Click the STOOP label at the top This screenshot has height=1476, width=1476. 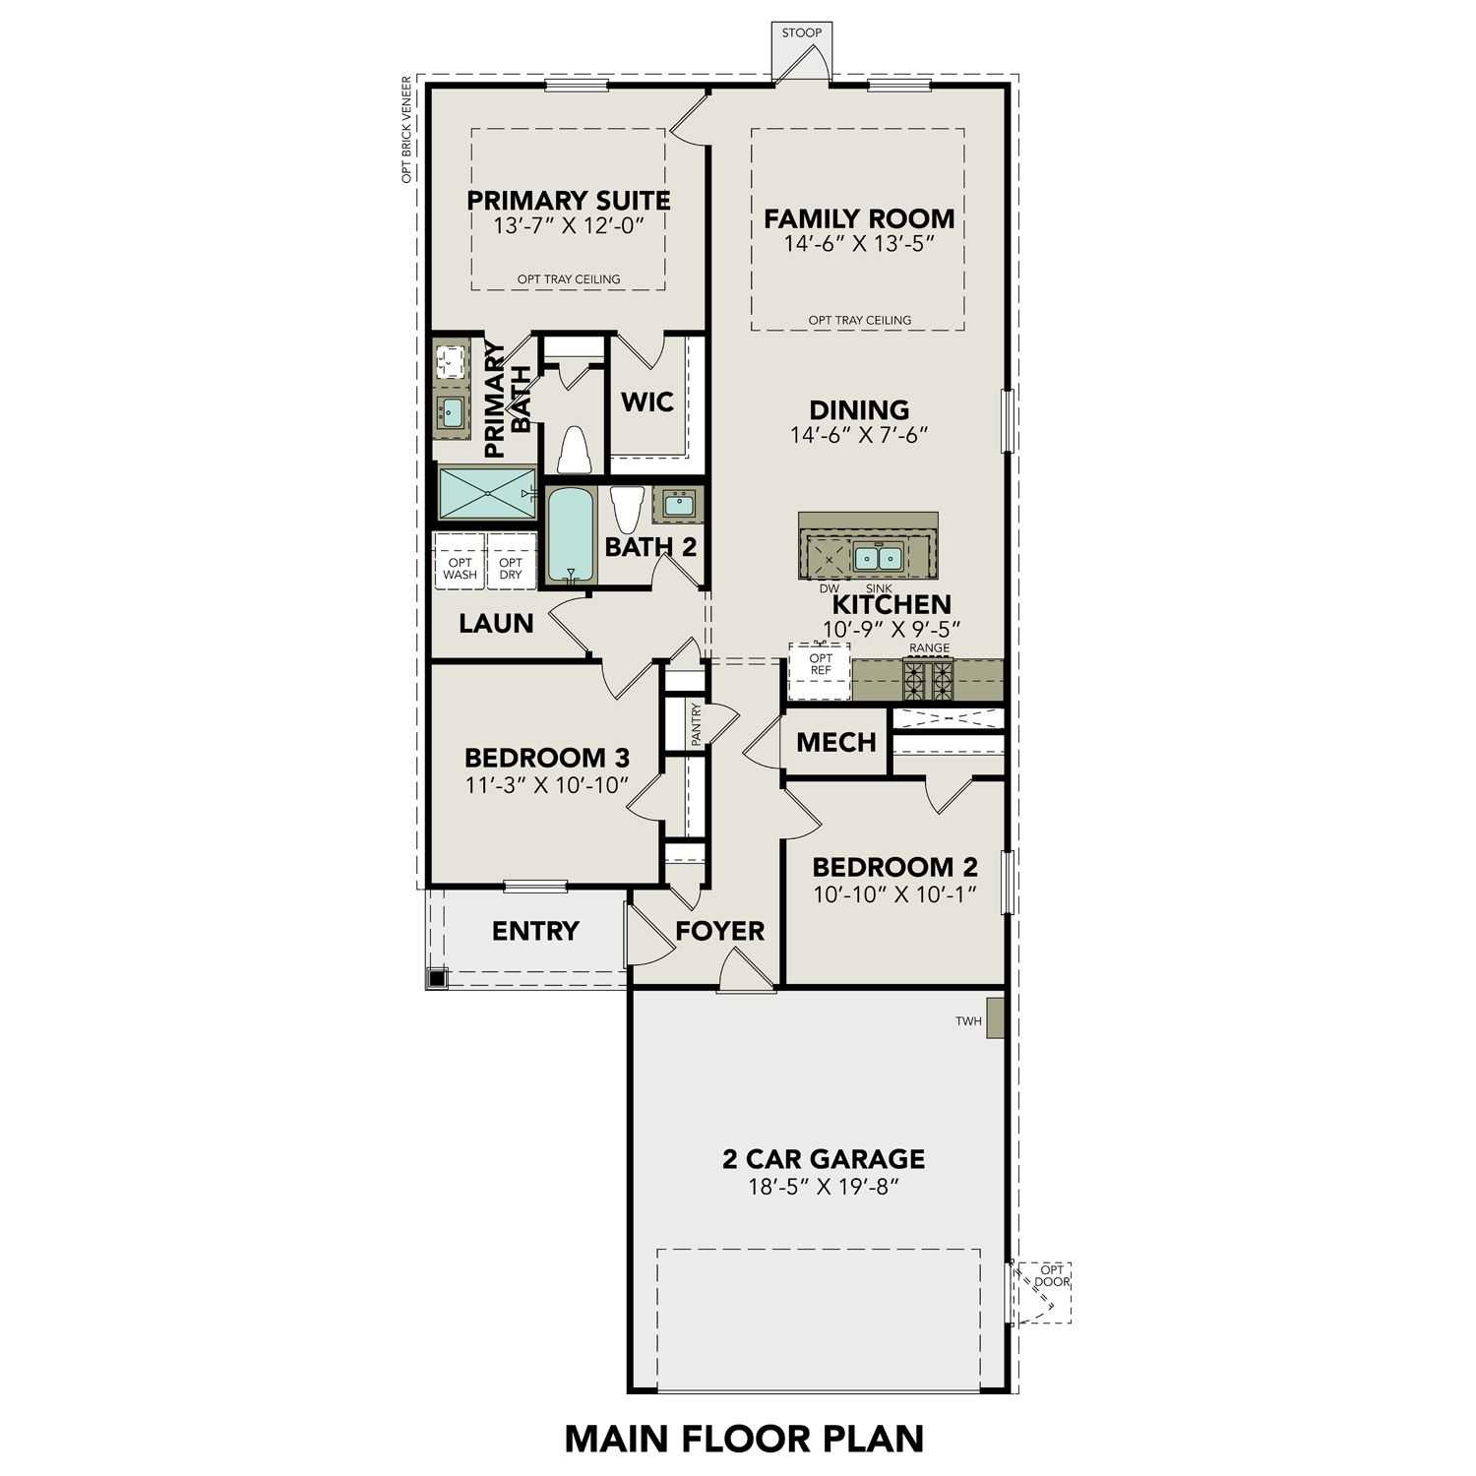[801, 32]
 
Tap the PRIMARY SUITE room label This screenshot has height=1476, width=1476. [568, 201]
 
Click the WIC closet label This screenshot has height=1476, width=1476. [646, 401]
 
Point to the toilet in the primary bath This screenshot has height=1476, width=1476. [573, 451]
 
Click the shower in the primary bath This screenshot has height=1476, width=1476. [487, 493]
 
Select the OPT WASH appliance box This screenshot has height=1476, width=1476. [460, 569]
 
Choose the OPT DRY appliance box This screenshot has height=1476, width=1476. [511, 569]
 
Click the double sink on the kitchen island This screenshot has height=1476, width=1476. [878, 558]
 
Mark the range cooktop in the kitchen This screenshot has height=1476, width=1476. [929, 679]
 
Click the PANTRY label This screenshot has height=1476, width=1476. [697, 724]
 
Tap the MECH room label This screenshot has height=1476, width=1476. [835, 742]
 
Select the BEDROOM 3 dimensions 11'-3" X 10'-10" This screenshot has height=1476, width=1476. [546, 785]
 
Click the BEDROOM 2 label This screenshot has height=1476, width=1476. [894, 867]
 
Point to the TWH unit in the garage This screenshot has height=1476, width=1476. [994, 1018]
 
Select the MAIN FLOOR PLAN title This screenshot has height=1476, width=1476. [744, 1438]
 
